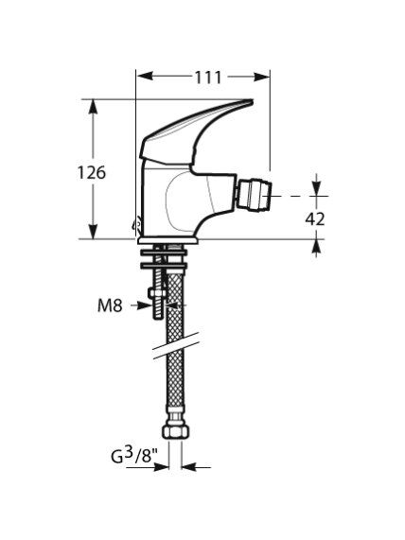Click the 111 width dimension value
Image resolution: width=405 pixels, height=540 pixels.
[x=208, y=78]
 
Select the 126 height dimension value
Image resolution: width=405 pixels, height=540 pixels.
[x=92, y=172]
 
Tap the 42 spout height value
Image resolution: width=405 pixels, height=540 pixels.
[x=315, y=218]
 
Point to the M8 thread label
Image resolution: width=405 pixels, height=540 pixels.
[x=110, y=305]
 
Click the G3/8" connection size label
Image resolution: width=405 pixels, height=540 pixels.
[x=134, y=457]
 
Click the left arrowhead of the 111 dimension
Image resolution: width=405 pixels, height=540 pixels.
[x=145, y=76]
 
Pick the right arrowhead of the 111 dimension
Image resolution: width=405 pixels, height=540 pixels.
[x=261, y=77]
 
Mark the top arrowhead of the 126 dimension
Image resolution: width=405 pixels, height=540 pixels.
[x=93, y=108]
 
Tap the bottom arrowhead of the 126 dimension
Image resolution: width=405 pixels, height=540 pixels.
[x=93, y=231]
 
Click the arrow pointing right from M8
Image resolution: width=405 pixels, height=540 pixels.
[x=141, y=305]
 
